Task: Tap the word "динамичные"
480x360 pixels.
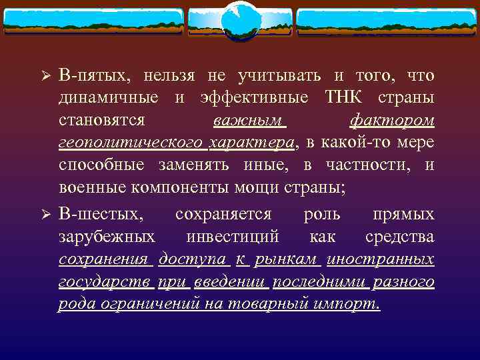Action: (109, 98)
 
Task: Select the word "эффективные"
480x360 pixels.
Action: (254, 98)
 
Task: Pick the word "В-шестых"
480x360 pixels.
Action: (91, 215)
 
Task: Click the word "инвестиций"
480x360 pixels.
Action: (233, 237)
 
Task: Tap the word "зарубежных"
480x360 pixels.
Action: (107, 237)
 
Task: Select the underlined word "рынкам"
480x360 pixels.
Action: (293, 259)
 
